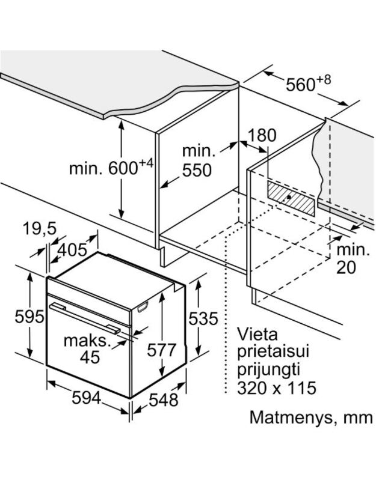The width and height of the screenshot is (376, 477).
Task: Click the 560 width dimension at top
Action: (x=309, y=84)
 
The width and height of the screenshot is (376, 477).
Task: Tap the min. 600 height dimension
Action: (x=111, y=168)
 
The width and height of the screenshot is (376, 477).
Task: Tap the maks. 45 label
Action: (x=90, y=349)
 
